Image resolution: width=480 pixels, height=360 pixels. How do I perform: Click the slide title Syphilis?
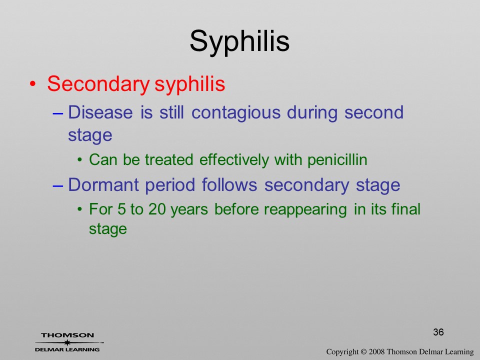pos(239,42)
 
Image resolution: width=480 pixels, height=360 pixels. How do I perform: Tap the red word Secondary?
pos(98,84)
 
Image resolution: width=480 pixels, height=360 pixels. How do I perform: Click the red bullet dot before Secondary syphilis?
pos(33,84)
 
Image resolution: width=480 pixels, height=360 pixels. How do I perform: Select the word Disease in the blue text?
pos(100,112)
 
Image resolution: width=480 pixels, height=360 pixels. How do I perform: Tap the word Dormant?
pos(103,185)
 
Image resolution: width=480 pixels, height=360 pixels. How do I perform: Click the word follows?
pos(229,185)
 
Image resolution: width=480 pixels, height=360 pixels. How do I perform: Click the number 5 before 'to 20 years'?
pos(121,209)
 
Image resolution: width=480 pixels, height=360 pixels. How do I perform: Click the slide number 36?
pos(438,332)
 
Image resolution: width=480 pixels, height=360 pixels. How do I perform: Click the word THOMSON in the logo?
pos(67,335)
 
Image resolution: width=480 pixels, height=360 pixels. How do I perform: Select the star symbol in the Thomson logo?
pos(67,342)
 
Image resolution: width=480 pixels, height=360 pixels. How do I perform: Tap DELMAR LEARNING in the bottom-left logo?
pos(67,349)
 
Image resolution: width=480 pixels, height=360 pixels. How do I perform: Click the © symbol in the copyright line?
pos(363,352)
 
